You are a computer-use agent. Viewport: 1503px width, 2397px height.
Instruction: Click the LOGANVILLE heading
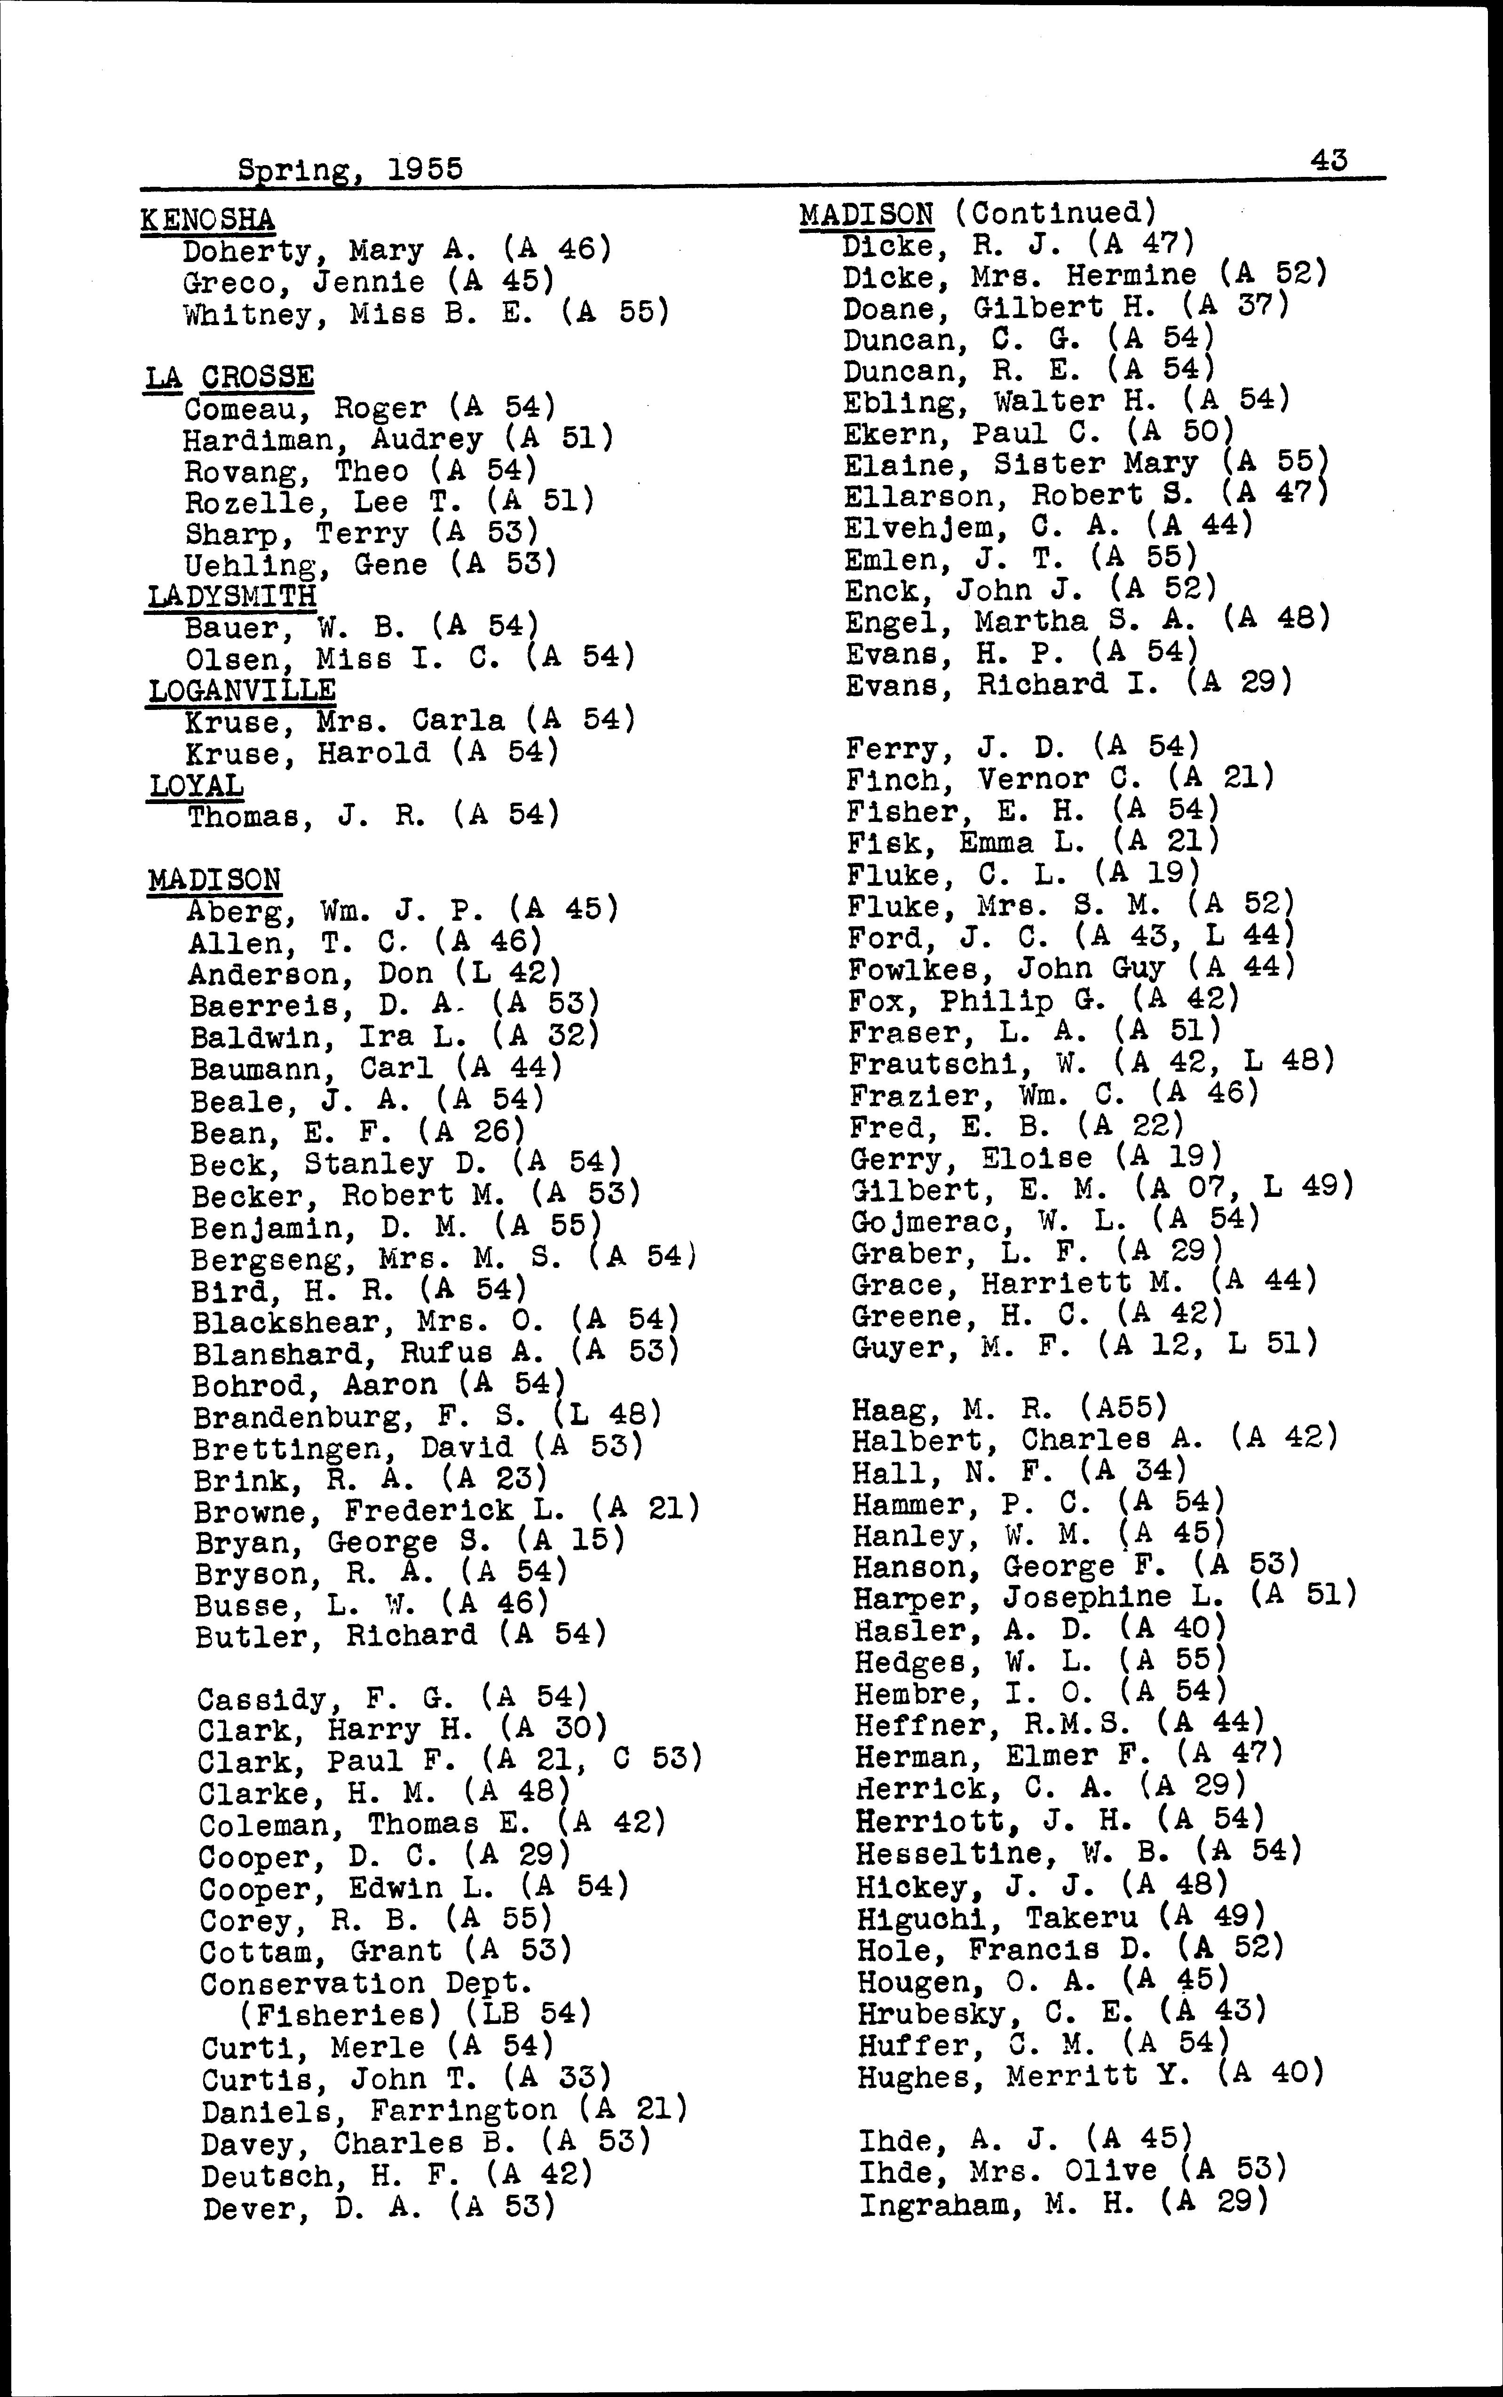click(x=242, y=690)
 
